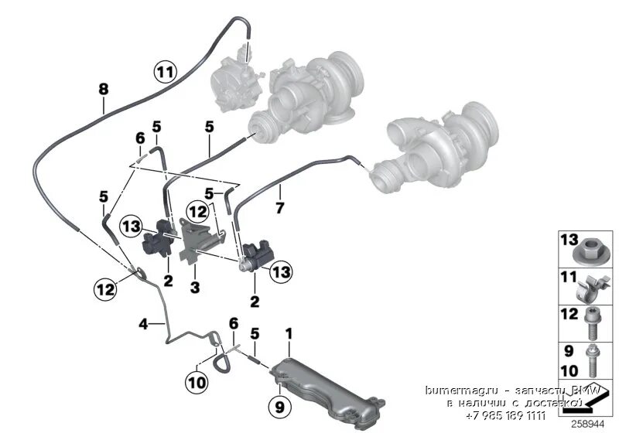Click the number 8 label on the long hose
(103, 89)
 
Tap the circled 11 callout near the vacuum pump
(164, 73)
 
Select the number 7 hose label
(280, 208)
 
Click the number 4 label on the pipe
(142, 324)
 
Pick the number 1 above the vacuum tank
(289, 334)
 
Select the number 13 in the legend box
(569, 240)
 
